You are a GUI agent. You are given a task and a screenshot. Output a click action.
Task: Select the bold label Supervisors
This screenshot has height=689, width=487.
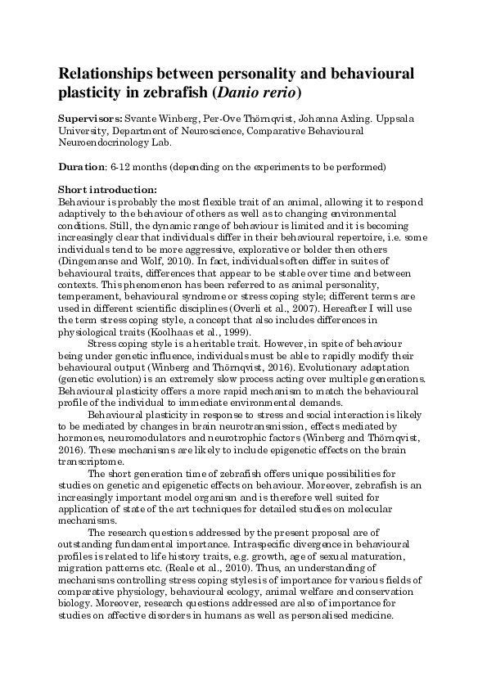tap(91, 119)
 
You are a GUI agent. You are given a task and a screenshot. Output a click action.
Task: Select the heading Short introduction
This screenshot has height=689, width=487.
tap(102, 191)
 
